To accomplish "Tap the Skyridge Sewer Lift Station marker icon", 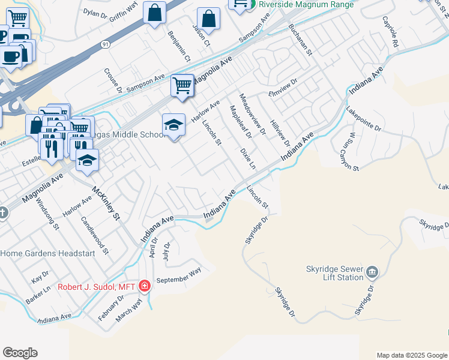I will pyautogui.click(x=372, y=273).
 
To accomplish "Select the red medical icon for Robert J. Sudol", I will pyautogui.click(x=144, y=286).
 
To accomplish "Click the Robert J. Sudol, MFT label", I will pyautogui.click(x=97, y=287).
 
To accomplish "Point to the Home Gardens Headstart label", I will pyautogui.click(x=47, y=254).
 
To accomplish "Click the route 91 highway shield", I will pyautogui.click(x=106, y=44).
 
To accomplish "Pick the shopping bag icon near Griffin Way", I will pyautogui.click(x=154, y=13).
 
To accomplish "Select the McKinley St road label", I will pyautogui.click(x=107, y=203).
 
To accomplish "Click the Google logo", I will pyautogui.click(x=20, y=353).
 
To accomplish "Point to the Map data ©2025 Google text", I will pyautogui.click(x=411, y=355).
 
